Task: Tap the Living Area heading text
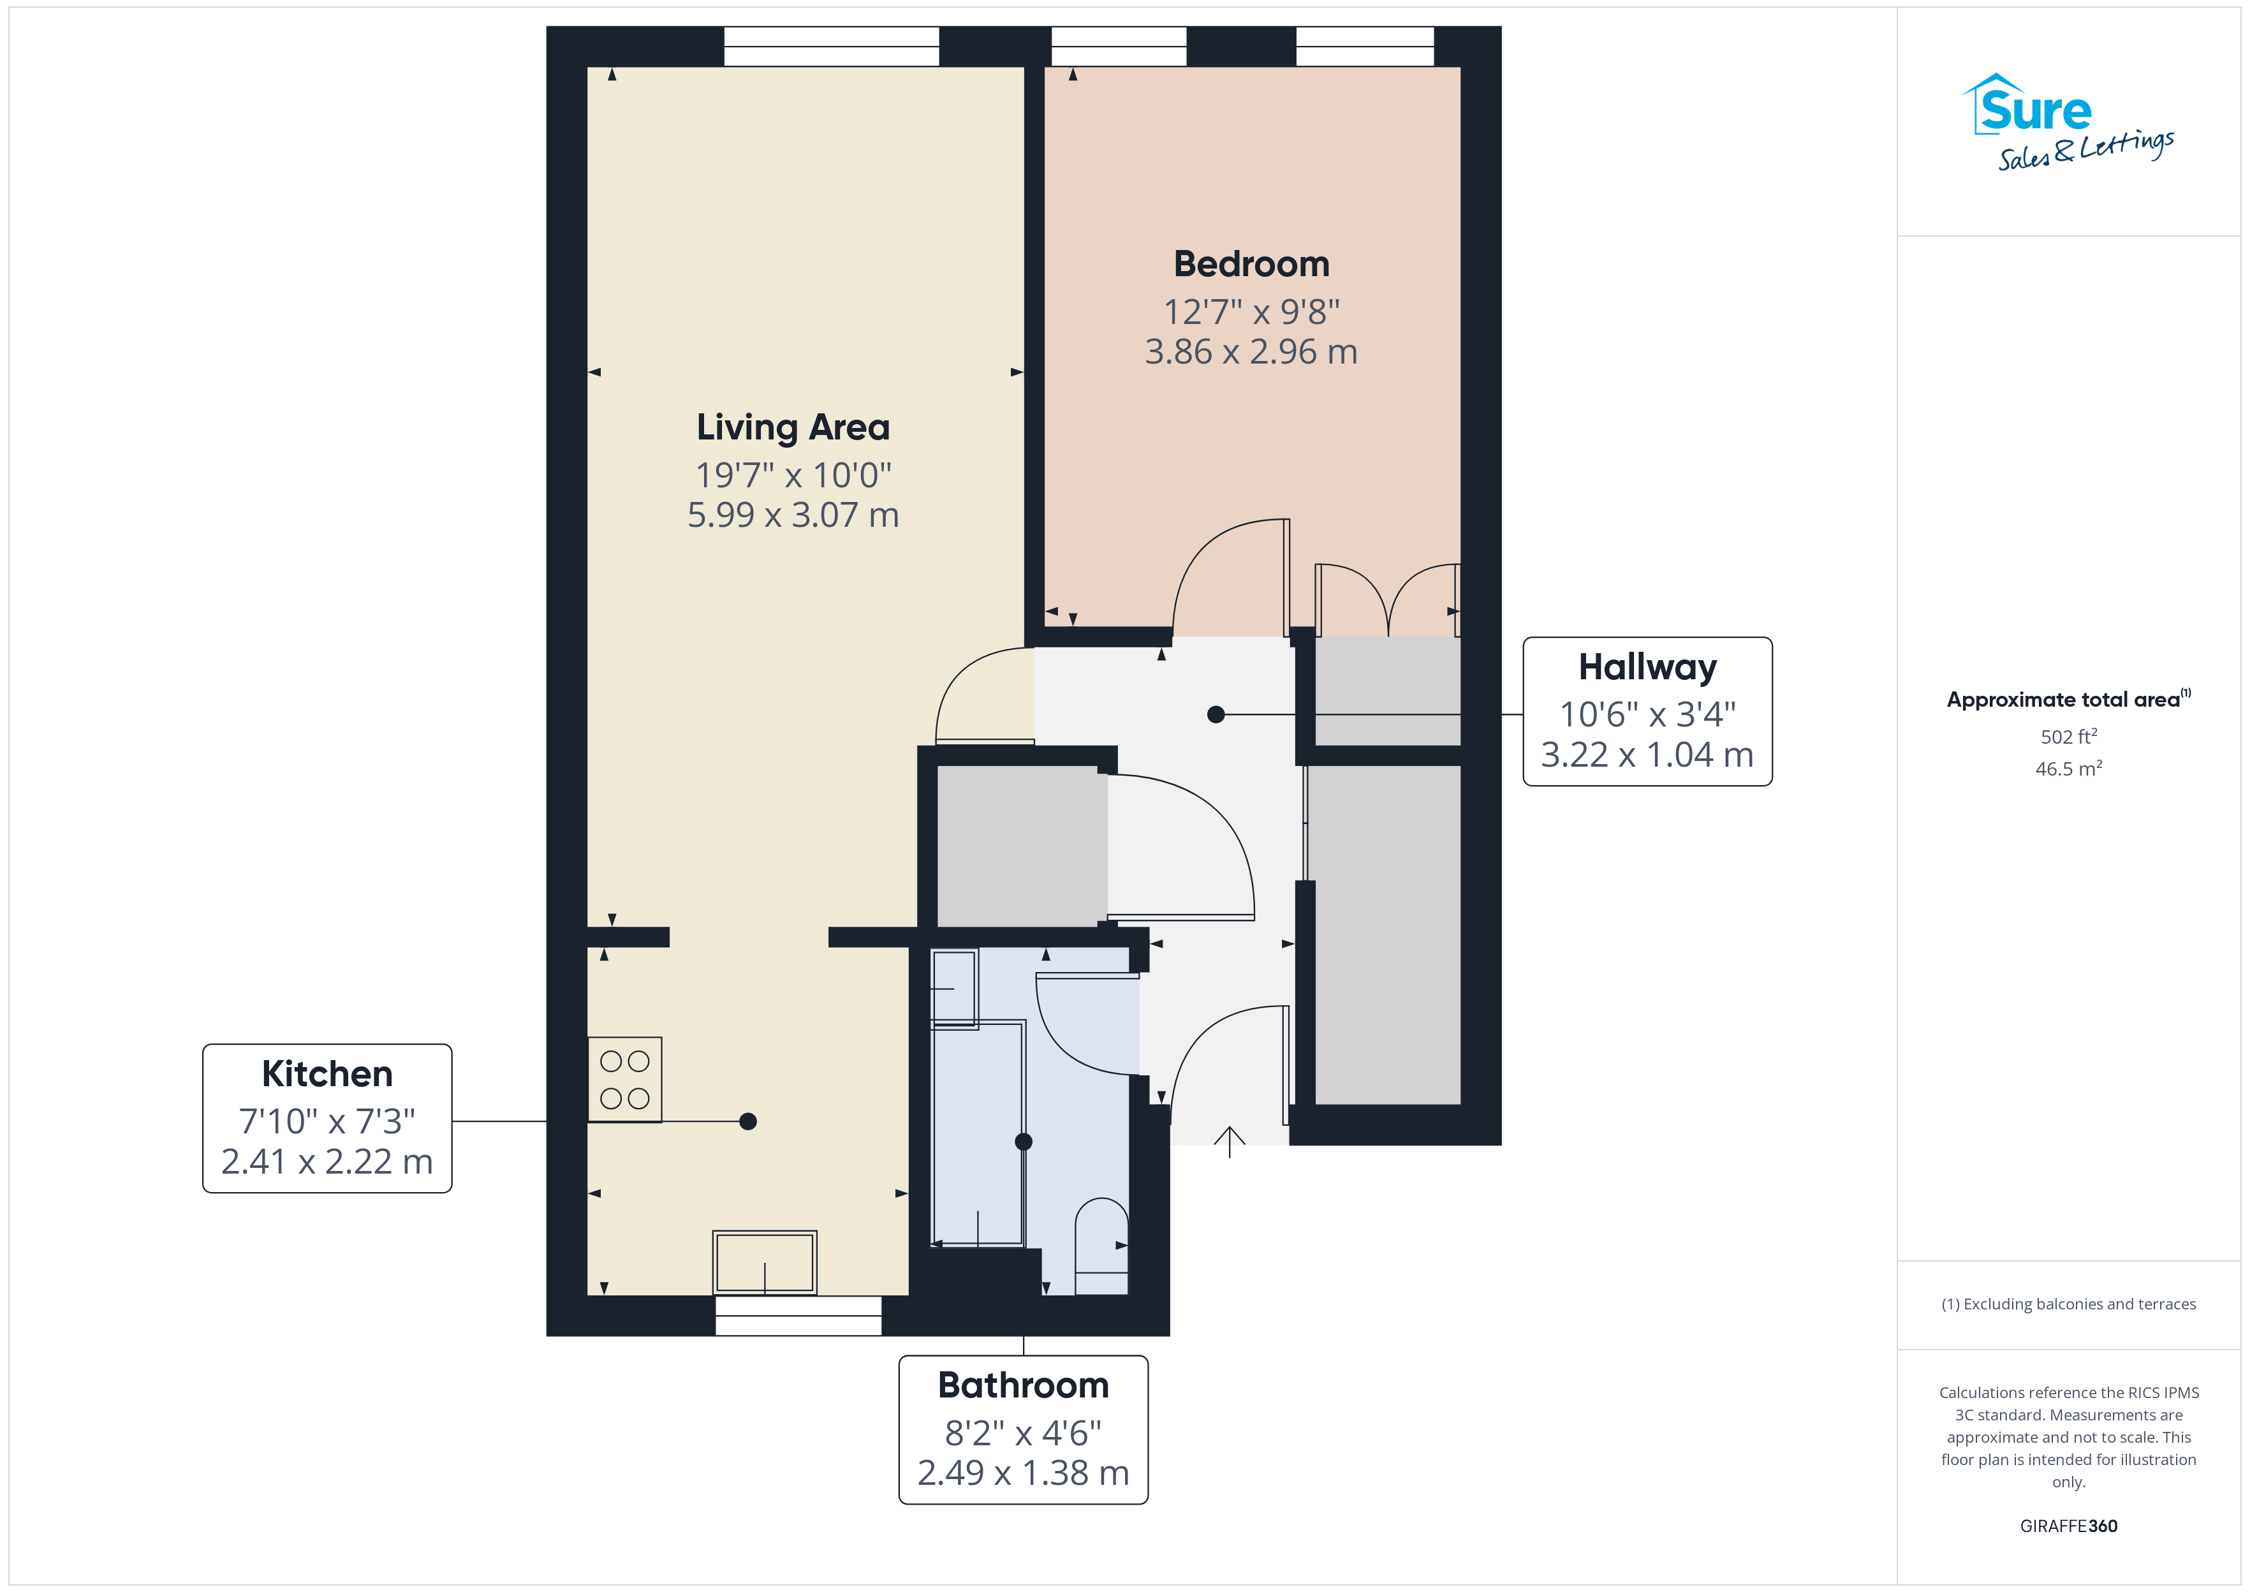(793, 427)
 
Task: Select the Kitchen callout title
(327, 1073)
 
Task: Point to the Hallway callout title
(1647, 668)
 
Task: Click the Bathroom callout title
(1023, 1385)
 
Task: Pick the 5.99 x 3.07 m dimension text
(793, 515)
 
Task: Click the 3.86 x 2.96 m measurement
(1251, 351)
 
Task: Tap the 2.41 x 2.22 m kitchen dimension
(327, 1161)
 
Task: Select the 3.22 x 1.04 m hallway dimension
(1647, 754)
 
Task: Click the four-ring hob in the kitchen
(625, 1079)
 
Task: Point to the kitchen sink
(765, 1263)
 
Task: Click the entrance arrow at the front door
(1230, 1142)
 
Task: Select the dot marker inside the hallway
(1216, 714)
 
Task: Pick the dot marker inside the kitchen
(747, 1121)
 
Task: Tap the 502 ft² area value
(2069, 736)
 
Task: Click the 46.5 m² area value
(2069, 769)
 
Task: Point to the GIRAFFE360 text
(2069, 1526)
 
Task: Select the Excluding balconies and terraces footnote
(2069, 1304)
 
